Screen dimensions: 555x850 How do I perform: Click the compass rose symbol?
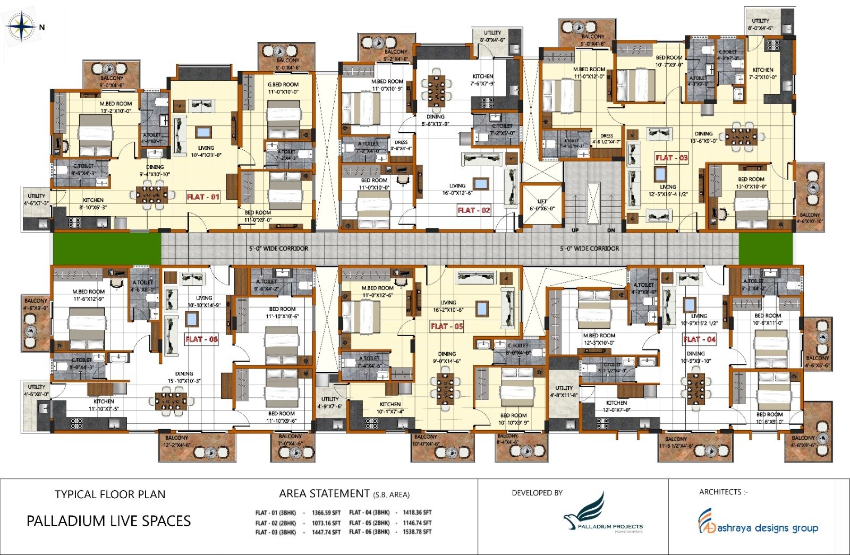[20, 27]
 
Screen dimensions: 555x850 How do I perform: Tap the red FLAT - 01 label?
[203, 197]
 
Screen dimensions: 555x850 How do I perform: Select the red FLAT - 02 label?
[474, 210]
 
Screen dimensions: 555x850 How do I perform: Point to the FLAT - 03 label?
[671, 158]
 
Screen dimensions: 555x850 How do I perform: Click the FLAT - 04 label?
[699, 339]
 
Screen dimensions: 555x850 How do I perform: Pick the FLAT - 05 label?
[447, 327]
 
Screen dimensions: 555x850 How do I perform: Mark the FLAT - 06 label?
[201, 339]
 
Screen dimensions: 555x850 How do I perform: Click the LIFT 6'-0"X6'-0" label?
[542, 205]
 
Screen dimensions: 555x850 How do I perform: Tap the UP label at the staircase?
[575, 230]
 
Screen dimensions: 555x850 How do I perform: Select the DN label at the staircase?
[611, 230]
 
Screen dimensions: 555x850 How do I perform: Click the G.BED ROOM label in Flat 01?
[283, 88]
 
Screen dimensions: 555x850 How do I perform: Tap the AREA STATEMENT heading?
[324, 494]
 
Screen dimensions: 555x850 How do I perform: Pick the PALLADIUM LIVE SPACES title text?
[108, 521]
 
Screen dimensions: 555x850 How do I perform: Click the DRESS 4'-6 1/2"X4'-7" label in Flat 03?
[606, 139]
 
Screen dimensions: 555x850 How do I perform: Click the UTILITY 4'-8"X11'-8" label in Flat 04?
[564, 391]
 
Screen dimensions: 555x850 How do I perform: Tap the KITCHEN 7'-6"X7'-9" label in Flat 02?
[482, 80]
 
